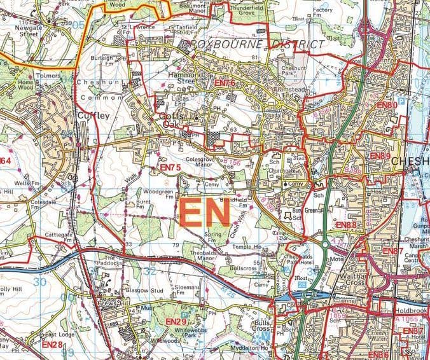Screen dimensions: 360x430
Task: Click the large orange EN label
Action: pyautogui.click(x=204, y=214)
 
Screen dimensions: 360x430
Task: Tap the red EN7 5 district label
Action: pyautogui.click(x=170, y=167)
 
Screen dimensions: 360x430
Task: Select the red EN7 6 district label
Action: pyautogui.click(x=225, y=83)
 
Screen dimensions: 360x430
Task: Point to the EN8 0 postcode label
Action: pyautogui.click(x=386, y=105)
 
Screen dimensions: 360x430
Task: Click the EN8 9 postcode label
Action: pyautogui.click(x=380, y=156)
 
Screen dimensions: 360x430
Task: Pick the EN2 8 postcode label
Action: pyautogui.click(x=52, y=344)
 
